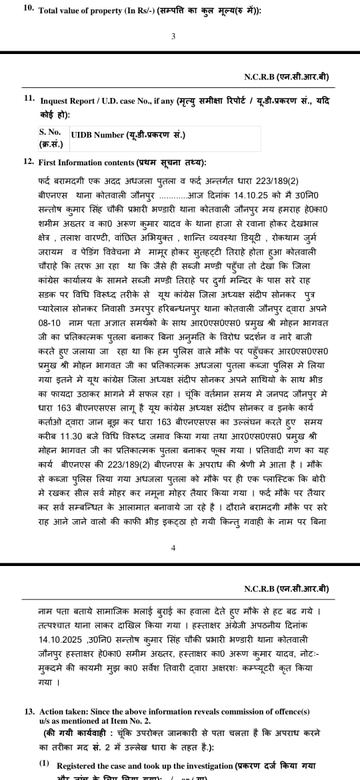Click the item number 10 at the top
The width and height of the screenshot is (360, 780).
point(29,9)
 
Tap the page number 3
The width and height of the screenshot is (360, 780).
point(173,37)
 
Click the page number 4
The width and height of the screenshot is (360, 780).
point(173,547)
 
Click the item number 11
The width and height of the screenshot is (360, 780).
point(29,98)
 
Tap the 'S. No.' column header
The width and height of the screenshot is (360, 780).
point(50,133)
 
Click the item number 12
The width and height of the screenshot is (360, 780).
point(29,161)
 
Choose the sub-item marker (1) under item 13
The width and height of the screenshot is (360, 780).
point(44,763)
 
